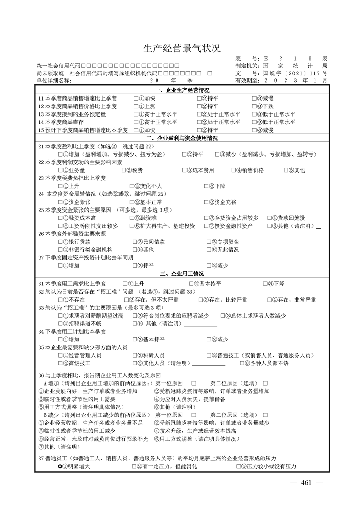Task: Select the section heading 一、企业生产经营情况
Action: pos(182,90)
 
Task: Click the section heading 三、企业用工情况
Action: pos(182,274)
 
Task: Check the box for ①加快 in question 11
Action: pos(136,98)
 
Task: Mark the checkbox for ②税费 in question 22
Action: pos(124,170)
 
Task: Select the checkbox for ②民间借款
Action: pos(134,242)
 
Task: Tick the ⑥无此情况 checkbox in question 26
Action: pos(209,250)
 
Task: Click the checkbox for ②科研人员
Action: pos(134,356)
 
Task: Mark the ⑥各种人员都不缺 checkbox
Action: pos(241,364)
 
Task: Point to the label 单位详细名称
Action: pos(55,80)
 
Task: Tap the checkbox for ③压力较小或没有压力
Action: pos(238,466)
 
